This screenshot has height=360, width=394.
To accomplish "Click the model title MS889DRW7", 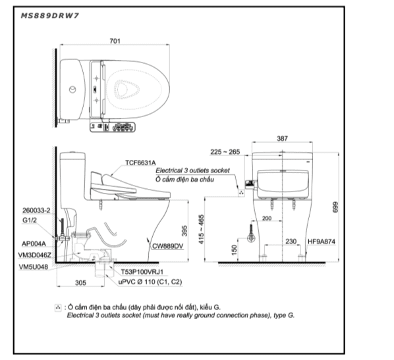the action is pyautogui.click(x=50, y=16).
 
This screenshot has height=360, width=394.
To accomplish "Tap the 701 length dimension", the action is pyautogui.click(x=115, y=41).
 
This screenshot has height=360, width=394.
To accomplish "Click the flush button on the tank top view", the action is pyautogui.click(x=72, y=89).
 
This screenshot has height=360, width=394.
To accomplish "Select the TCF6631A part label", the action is pyautogui.click(x=140, y=163).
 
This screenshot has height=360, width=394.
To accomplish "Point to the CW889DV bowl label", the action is pyautogui.click(x=167, y=246).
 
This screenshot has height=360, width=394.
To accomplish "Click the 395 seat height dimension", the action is pyautogui.click(x=184, y=231).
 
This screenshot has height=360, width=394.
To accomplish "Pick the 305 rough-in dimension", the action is pyautogui.click(x=80, y=283).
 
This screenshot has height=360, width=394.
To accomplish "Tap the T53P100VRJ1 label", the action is pyautogui.click(x=142, y=272).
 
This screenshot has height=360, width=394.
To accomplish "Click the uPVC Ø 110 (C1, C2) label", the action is pyautogui.click(x=150, y=282).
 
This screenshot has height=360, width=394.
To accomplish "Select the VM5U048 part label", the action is pyautogui.click(x=34, y=267).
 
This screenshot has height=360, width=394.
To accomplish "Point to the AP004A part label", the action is pyautogui.click(x=34, y=244).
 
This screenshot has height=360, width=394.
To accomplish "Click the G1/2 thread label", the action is pyautogui.click(x=30, y=220).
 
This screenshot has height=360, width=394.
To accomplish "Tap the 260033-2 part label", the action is pyautogui.click(x=36, y=211).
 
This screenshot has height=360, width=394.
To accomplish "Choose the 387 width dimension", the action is pyautogui.click(x=282, y=138).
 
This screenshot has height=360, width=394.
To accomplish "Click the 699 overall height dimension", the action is pyautogui.click(x=335, y=207).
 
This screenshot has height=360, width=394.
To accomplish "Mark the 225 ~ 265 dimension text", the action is pyautogui.click(x=225, y=152).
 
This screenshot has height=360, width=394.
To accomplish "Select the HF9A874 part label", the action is pyautogui.click(x=322, y=242).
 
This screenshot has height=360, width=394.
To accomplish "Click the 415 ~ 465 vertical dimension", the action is pyautogui.click(x=201, y=229).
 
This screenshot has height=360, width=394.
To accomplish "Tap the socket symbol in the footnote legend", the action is pyautogui.click(x=58, y=307).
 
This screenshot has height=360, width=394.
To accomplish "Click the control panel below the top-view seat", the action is pyautogui.click(x=112, y=127).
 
